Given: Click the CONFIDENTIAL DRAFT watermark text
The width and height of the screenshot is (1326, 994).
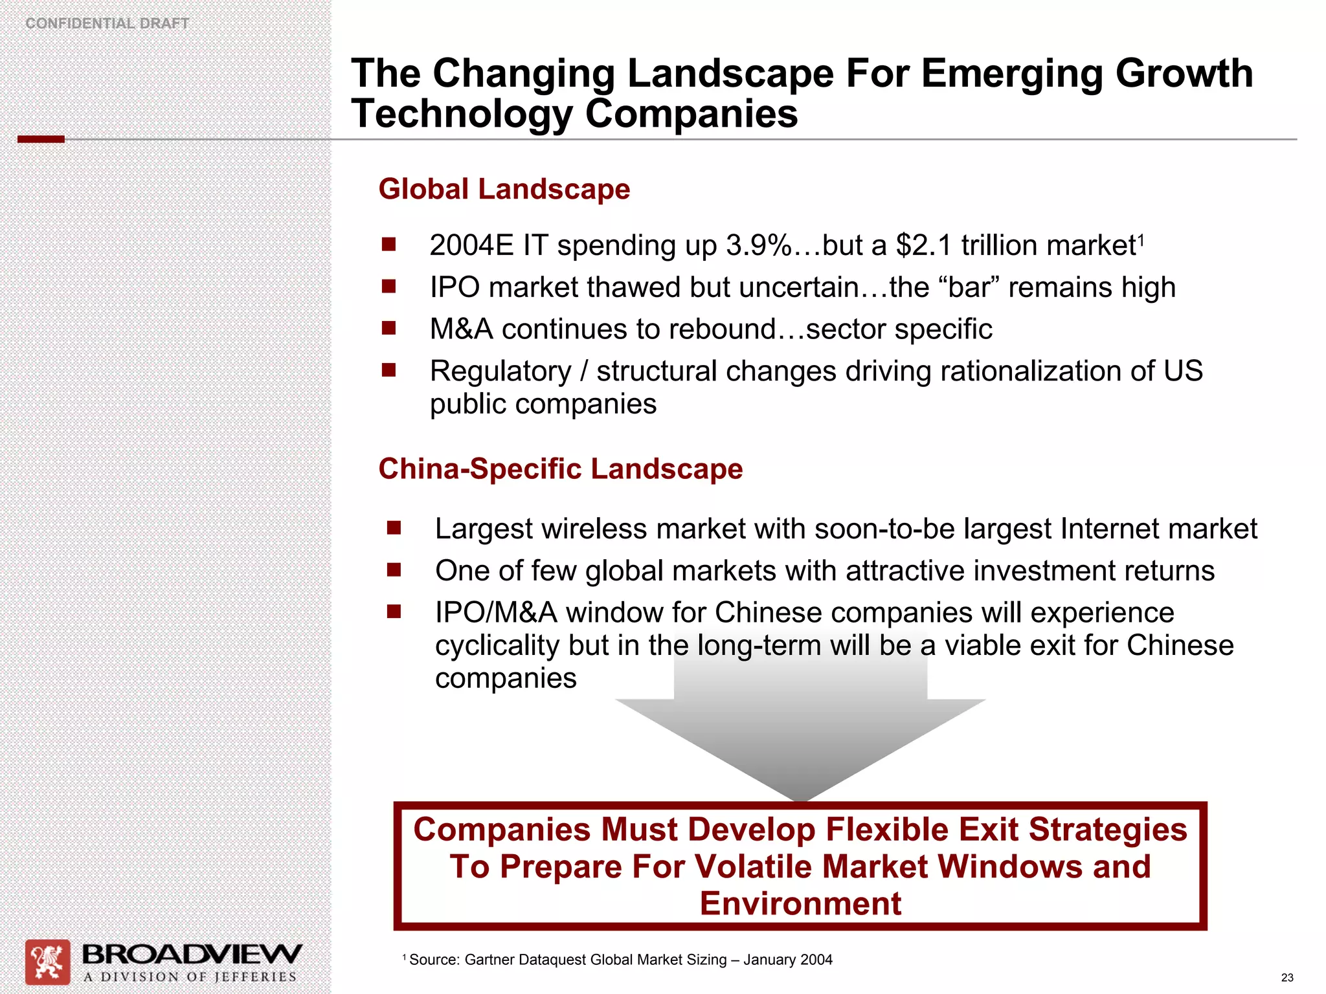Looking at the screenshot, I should click(x=107, y=23).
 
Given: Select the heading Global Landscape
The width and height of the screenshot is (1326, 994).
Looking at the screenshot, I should click(x=504, y=190).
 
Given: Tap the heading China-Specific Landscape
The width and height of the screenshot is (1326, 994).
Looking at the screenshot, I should click(x=560, y=469).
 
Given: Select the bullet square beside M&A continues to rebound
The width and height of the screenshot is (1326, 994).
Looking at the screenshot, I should click(x=388, y=328).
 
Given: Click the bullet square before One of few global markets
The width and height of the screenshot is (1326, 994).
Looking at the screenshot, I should click(x=394, y=570).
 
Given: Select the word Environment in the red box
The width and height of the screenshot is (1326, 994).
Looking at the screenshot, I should click(x=800, y=903).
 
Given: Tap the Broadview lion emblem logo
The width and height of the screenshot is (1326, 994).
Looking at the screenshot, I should click(x=47, y=962).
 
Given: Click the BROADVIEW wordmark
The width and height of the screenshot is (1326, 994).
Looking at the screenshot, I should click(x=192, y=955).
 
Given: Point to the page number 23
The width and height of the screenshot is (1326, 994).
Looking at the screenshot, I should click(x=1287, y=978).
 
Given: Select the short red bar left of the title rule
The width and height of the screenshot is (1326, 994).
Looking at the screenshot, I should click(x=41, y=139).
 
